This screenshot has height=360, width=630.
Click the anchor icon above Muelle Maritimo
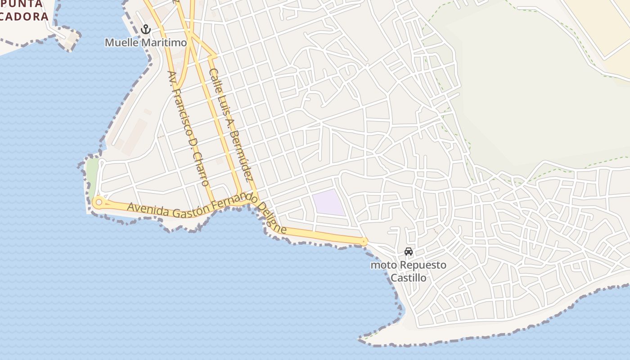click(x=145, y=30)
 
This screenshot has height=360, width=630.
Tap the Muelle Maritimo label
click(x=145, y=43)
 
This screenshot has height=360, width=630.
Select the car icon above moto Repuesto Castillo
click(x=409, y=251)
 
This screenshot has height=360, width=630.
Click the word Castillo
click(x=408, y=278)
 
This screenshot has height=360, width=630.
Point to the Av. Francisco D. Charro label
click(x=189, y=128)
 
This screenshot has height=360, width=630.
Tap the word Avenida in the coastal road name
click(x=148, y=208)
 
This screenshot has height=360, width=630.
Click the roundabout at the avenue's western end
click(x=99, y=202)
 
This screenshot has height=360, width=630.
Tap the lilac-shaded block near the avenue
click(x=329, y=202)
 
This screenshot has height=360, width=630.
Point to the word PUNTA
click(x=22, y=4)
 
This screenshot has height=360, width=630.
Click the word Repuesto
click(x=423, y=265)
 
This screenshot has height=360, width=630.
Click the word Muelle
click(x=122, y=43)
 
